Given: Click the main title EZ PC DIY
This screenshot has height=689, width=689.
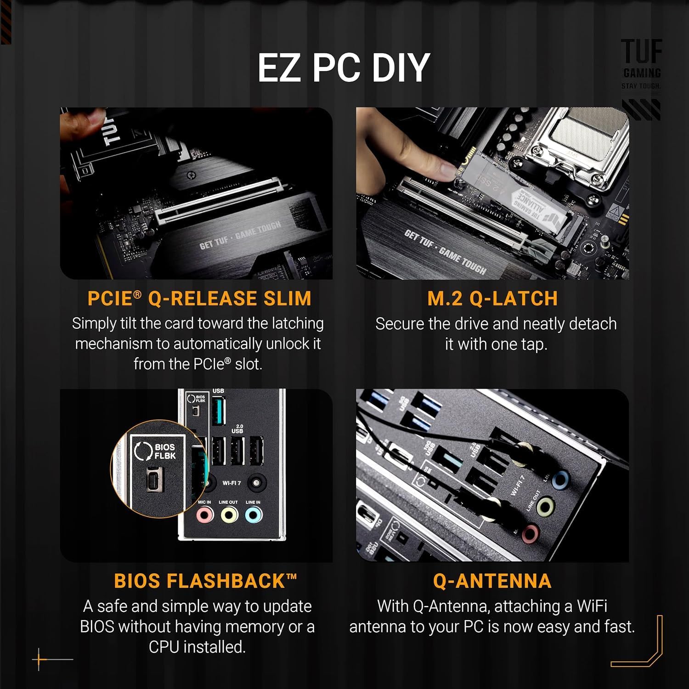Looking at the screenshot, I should pos(344,68).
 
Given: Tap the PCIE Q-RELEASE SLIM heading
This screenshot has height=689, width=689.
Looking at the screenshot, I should pos(199,299).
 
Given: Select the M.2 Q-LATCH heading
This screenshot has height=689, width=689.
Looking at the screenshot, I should pos(492,299).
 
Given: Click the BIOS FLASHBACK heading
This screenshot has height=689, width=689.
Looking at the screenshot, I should pos(205,581).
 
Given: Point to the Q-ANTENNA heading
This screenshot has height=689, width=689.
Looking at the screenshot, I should pos(492,581).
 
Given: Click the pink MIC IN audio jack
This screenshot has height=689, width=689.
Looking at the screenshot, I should pos(204,515).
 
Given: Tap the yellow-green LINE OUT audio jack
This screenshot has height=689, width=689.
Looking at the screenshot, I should pos(228,515).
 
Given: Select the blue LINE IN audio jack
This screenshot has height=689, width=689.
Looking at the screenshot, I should pos(253,515).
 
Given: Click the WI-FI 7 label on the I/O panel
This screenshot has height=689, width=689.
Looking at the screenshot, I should pos(232,483).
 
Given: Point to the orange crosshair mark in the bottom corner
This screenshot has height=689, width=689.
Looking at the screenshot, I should pos(40,659).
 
